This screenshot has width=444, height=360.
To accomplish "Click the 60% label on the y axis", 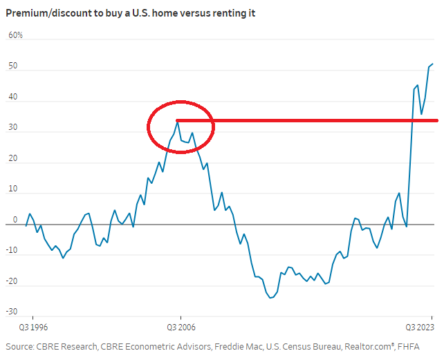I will (15, 34).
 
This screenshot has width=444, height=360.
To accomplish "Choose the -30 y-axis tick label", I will (12, 313).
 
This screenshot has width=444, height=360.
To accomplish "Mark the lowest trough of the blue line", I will (270, 298).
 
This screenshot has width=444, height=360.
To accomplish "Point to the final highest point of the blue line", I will (433, 64).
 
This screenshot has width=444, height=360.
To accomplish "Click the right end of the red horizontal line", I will (437, 120).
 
